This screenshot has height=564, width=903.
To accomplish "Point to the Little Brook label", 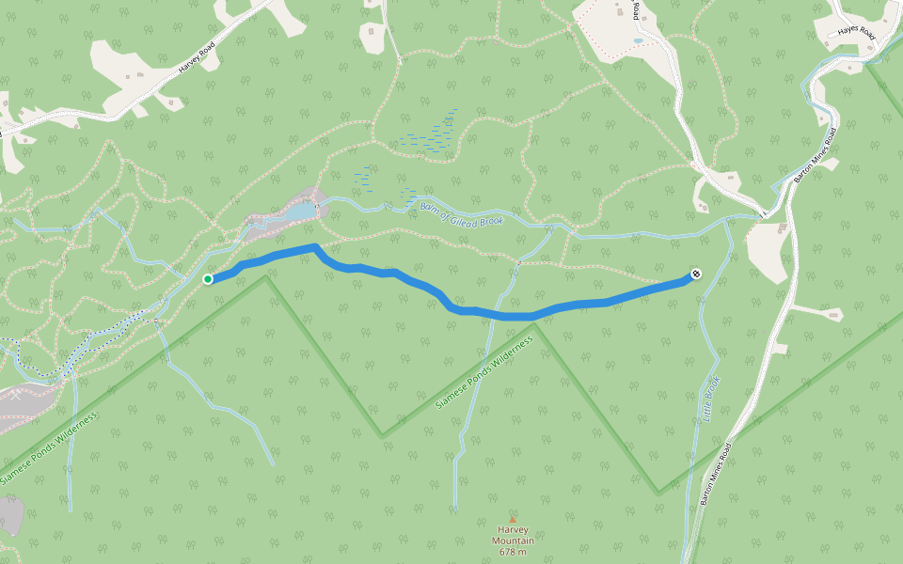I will click(x=711, y=399).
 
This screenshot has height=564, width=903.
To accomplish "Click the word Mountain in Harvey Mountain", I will click(x=513, y=540).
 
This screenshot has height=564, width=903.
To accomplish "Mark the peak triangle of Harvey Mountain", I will click(x=513, y=519).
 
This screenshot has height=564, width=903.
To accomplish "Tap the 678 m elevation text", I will click(x=513, y=552).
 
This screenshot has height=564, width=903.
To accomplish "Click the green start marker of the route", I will click(x=207, y=278).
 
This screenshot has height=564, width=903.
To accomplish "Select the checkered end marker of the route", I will click(x=695, y=274).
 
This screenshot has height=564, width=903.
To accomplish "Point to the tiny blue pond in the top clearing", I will click(x=639, y=41).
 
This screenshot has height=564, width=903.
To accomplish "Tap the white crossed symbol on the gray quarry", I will click(x=16, y=395).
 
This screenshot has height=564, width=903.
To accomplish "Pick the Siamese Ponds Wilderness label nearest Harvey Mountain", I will click(x=485, y=371).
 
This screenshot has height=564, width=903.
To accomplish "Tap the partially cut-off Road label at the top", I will click(x=637, y=9).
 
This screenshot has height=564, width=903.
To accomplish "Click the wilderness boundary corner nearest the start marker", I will click(x=266, y=276).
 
